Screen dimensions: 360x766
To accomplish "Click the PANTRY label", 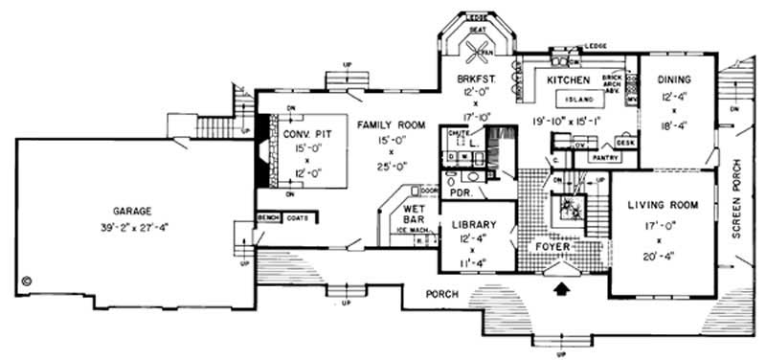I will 600,156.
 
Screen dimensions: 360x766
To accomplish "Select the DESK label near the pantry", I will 625,142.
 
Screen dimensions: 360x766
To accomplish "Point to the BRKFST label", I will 476,78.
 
